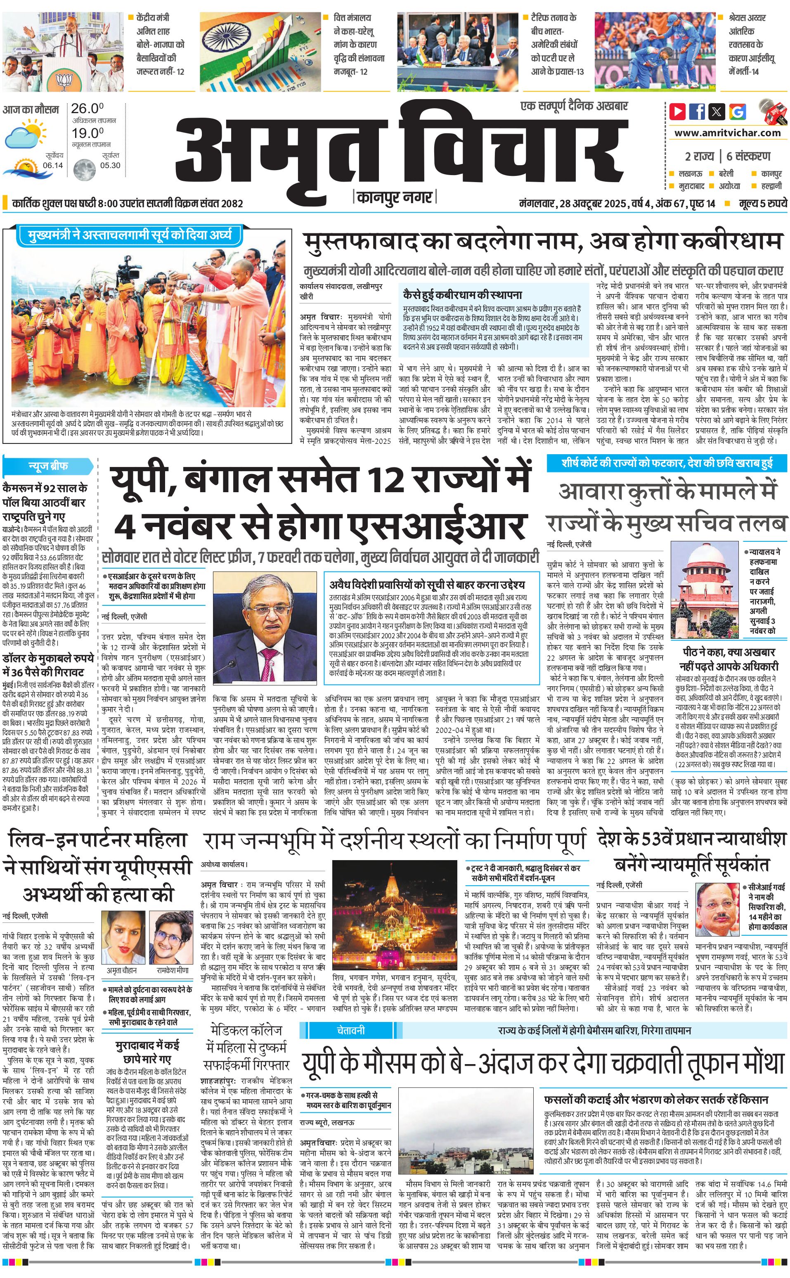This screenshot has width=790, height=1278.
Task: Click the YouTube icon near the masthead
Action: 677,111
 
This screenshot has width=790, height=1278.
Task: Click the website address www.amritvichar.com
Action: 727,133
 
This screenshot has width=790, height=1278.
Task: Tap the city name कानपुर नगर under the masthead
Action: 395,197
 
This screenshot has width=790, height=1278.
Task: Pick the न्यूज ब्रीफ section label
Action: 48,466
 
